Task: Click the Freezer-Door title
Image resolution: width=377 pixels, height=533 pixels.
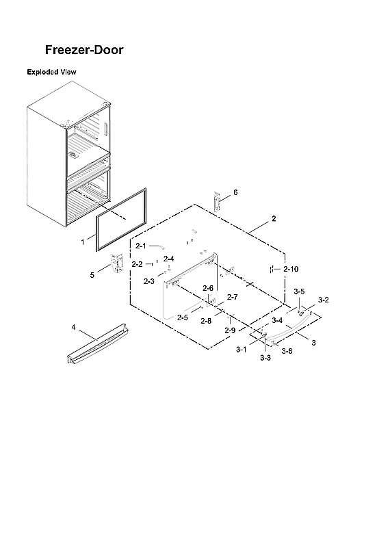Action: (83, 50)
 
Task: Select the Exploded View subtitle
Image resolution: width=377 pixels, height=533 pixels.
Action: (51, 72)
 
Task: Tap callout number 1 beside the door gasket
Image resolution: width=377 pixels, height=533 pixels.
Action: (83, 242)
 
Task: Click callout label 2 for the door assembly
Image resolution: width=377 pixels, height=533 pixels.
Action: (274, 219)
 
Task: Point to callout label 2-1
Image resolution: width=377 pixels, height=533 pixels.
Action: (141, 245)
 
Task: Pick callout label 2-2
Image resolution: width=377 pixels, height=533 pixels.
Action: (137, 264)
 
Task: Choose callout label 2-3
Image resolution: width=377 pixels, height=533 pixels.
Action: (148, 281)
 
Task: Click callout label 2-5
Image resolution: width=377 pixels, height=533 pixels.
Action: (182, 317)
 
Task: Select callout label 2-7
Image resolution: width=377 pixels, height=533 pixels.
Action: (232, 298)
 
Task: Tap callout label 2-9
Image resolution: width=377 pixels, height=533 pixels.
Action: (231, 330)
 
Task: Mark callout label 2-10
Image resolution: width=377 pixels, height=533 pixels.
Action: (291, 269)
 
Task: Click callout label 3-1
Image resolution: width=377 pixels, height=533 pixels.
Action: (241, 350)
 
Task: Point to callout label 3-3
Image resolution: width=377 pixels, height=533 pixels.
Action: (265, 358)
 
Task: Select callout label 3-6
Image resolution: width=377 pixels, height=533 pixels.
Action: (287, 351)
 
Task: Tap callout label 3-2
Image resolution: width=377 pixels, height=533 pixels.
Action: (324, 300)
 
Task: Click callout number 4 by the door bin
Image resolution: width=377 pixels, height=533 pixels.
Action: (73, 327)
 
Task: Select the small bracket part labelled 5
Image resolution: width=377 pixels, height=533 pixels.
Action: (116, 264)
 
